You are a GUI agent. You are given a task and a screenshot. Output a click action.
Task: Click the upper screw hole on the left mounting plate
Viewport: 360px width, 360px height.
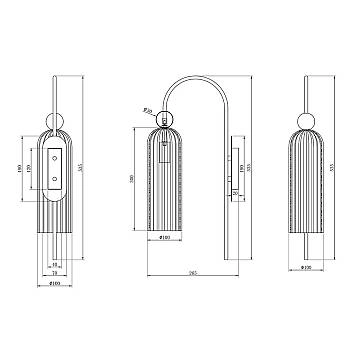coord(54,143)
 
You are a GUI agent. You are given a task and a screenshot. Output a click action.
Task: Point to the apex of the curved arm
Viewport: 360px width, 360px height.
coord(196,73)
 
